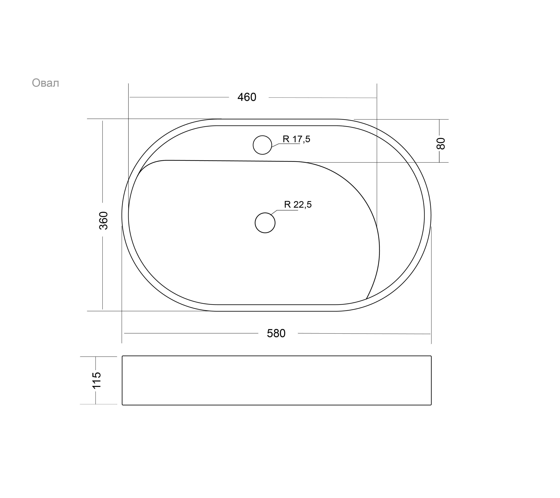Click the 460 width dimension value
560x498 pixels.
pos(247,97)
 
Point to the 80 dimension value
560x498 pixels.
pos(441,144)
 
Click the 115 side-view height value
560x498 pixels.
pos(96,380)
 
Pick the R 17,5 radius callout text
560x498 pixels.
pos(297,139)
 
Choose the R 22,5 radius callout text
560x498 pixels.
pos(298,204)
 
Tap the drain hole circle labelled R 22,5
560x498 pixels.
pos(265,213)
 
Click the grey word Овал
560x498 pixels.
pos(45,83)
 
